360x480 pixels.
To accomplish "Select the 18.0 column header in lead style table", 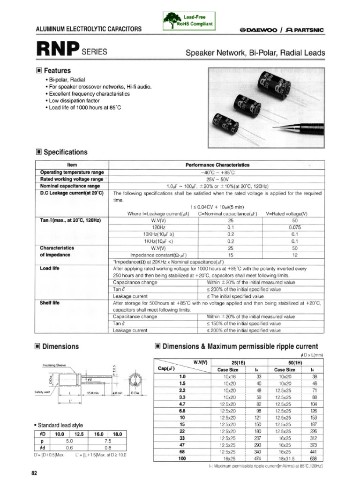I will pos(117,434).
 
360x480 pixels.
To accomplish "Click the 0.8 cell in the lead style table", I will pos(107,448).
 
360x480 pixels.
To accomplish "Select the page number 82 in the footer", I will pos(34,473).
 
